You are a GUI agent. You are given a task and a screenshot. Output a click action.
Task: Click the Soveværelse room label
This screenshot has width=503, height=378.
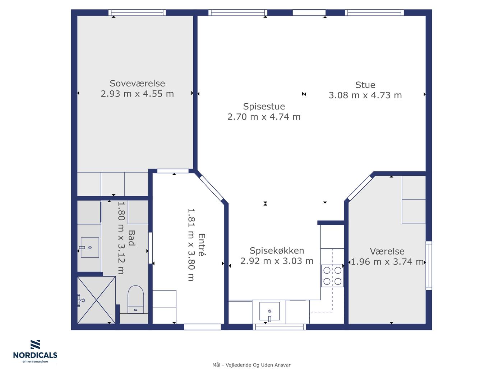[137, 83]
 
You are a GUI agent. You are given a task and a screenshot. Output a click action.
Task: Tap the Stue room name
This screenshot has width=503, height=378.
[365, 85]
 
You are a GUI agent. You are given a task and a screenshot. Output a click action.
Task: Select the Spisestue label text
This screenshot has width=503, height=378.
[264, 107]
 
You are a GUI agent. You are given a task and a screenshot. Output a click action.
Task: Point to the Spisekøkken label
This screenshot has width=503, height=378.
[277, 251]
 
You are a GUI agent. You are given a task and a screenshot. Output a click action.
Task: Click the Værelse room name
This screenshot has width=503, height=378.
[387, 251]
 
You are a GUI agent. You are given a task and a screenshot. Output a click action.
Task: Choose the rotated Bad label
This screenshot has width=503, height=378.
[131, 238]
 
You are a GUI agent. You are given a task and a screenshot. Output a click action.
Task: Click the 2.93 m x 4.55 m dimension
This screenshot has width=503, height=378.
[137, 94]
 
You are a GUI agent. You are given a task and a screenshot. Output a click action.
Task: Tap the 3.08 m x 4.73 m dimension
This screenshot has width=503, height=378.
[365, 95]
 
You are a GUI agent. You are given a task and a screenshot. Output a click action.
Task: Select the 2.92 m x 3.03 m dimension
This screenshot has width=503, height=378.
[277, 261]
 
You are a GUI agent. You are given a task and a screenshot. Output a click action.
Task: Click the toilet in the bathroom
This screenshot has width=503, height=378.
[136, 299]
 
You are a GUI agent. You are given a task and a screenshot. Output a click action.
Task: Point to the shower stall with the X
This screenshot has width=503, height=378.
[97, 300]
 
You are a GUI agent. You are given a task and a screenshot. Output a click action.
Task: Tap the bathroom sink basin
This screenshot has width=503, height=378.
[90, 247]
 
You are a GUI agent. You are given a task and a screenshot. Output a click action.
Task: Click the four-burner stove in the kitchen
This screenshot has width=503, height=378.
[332, 276]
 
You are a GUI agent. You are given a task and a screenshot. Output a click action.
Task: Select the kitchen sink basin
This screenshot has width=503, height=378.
[269, 311]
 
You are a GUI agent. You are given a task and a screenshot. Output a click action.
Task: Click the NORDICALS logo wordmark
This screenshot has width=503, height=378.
[35, 355]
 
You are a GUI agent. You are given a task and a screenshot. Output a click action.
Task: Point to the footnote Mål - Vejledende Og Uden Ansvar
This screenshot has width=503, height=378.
[251, 365]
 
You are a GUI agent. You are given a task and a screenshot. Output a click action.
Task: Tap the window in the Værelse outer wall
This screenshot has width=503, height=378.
[429, 266]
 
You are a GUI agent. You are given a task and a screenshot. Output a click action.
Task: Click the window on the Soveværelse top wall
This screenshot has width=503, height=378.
[137, 13]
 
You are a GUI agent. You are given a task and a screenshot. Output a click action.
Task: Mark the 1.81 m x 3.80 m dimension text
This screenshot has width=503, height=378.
[191, 245]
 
